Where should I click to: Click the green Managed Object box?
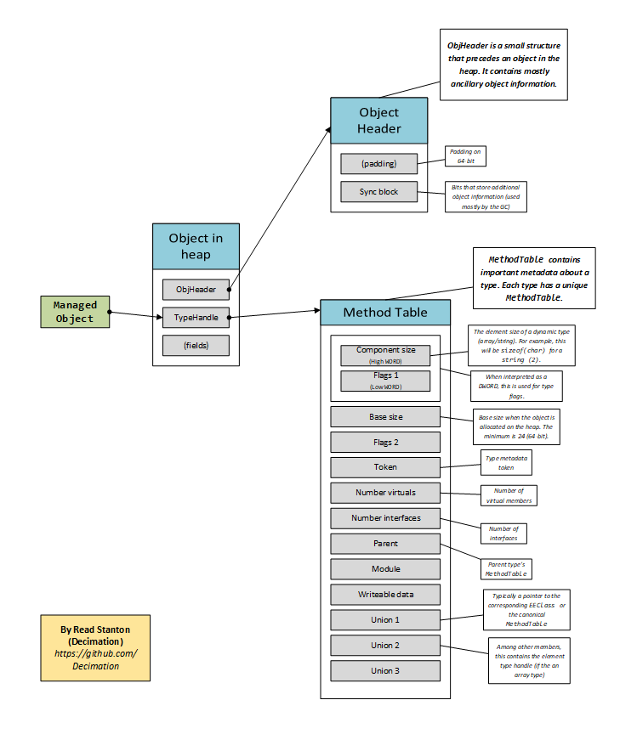point(75,312)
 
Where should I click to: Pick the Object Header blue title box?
point(378,120)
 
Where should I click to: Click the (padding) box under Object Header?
point(379,164)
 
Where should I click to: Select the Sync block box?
point(379,192)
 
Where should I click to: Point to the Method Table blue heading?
point(384,312)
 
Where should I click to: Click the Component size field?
point(385,354)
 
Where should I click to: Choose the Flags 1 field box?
point(385,381)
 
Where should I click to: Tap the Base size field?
point(385,416)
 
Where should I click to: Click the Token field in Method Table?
point(385,467)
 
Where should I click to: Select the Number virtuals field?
point(385,493)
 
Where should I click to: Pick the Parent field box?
point(385,544)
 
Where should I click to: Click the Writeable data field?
point(385,595)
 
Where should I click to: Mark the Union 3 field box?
point(385,671)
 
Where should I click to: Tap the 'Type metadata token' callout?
point(506,462)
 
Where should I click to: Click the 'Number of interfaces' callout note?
point(503,534)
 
